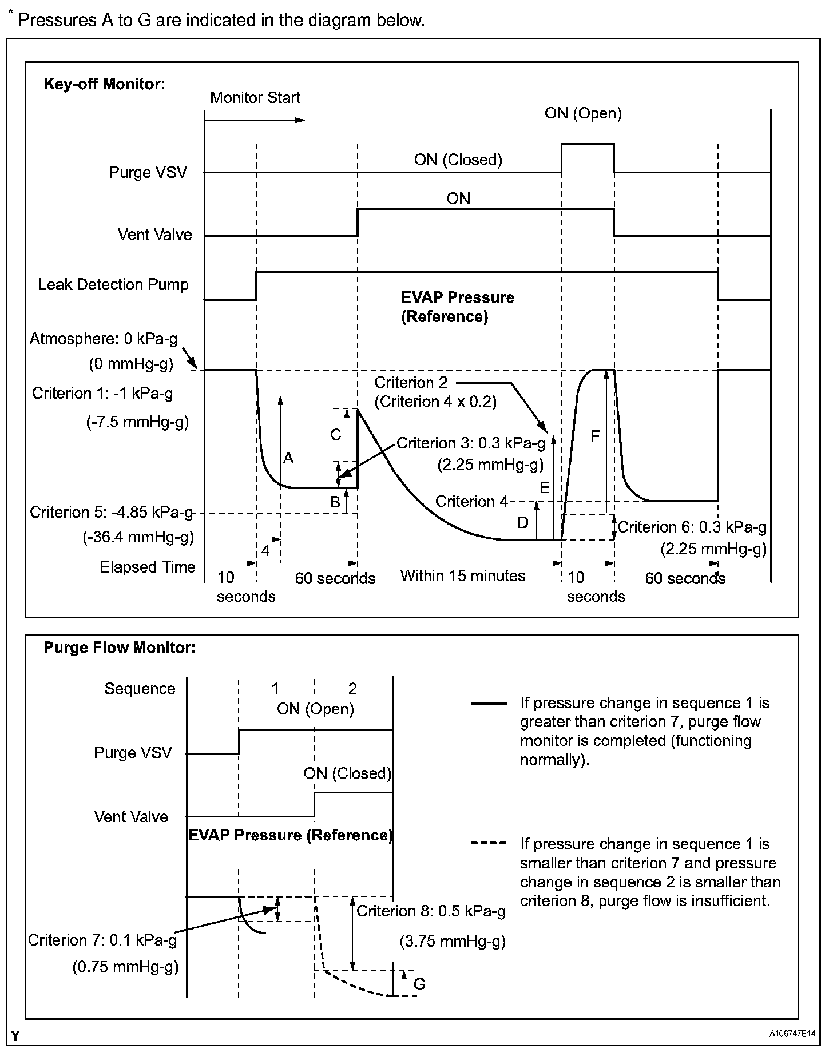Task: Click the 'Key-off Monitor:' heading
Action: (x=104, y=84)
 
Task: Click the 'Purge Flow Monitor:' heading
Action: (x=120, y=648)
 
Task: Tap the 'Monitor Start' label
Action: (x=255, y=97)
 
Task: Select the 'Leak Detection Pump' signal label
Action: (x=113, y=284)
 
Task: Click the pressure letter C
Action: (x=336, y=435)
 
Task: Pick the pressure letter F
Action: (x=595, y=437)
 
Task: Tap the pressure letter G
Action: (x=419, y=984)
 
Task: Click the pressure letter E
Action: (x=545, y=488)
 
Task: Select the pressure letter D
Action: (x=523, y=522)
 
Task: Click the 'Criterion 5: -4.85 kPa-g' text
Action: (x=112, y=512)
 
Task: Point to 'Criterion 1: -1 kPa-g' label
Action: (x=102, y=394)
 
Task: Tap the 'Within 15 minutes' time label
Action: (x=462, y=575)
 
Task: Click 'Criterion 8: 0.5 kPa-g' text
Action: (x=431, y=911)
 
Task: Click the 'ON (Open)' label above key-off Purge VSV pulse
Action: (x=583, y=113)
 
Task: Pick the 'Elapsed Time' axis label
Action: (x=148, y=567)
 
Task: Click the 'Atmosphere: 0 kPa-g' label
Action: (x=104, y=339)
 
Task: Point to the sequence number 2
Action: (x=352, y=688)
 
